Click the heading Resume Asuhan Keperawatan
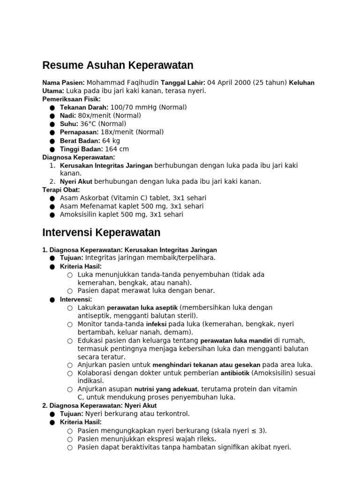[x=118, y=65]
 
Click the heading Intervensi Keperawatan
[x=101, y=232]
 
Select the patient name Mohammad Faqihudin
[x=123, y=82]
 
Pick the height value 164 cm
[x=117, y=149]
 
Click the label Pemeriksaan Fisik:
[x=71, y=99]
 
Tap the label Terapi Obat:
[x=61, y=190]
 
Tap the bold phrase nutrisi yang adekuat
[x=166, y=389]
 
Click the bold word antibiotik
[x=235, y=373]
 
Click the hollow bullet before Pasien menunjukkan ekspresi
[x=70, y=439]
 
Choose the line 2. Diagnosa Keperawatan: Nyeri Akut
[x=99, y=405]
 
